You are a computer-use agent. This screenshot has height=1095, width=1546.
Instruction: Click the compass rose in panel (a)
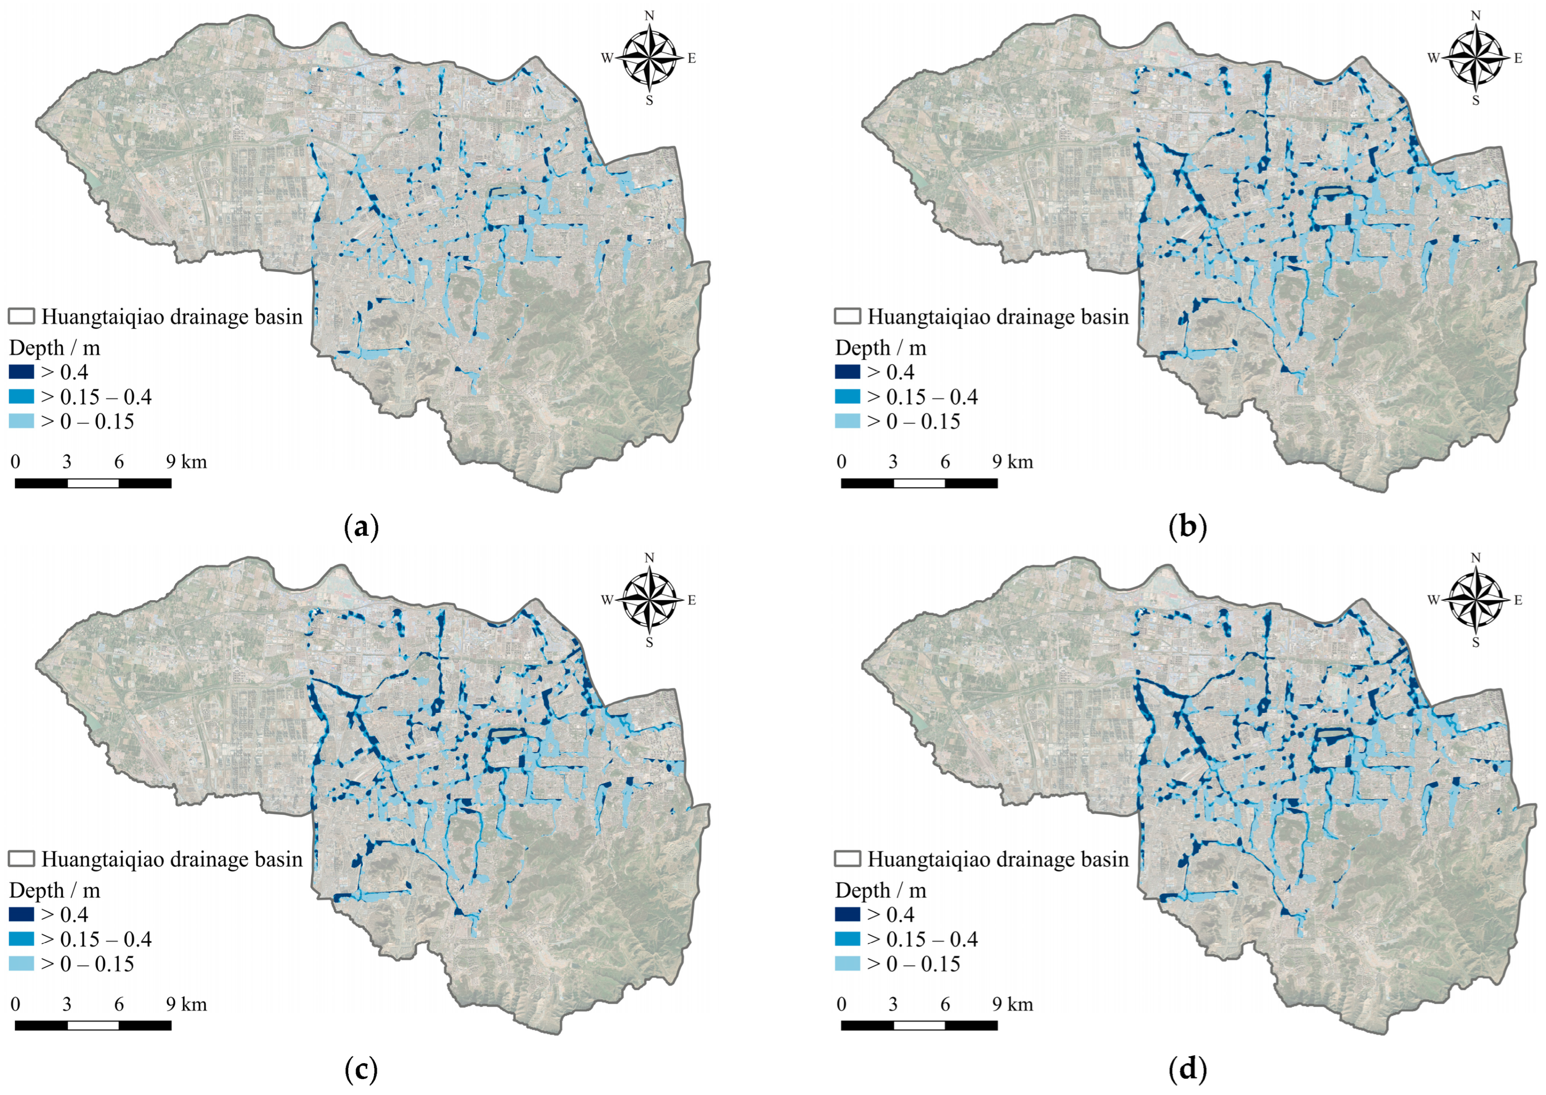click(x=649, y=58)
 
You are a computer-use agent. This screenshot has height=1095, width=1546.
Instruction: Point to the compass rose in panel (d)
click(x=1475, y=600)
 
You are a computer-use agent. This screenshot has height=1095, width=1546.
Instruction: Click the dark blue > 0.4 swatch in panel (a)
click(x=21, y=372)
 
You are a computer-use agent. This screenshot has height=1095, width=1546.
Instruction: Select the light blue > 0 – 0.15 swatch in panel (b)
click(x=848, y=421)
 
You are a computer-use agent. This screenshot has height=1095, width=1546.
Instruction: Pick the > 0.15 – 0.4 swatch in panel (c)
click(x=21, y=939)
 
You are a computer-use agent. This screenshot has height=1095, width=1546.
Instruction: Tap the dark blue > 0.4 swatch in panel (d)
click(x=848, y=914)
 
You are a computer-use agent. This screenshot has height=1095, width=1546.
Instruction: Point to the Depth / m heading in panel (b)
click(x=881, y=348)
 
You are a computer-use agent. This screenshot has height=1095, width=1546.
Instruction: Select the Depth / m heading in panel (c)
click(x=55, y=891)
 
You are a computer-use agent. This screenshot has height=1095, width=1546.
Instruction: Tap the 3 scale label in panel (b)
click(x=893, y=462)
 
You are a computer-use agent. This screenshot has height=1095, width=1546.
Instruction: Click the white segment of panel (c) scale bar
click(x=93, y=1026)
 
